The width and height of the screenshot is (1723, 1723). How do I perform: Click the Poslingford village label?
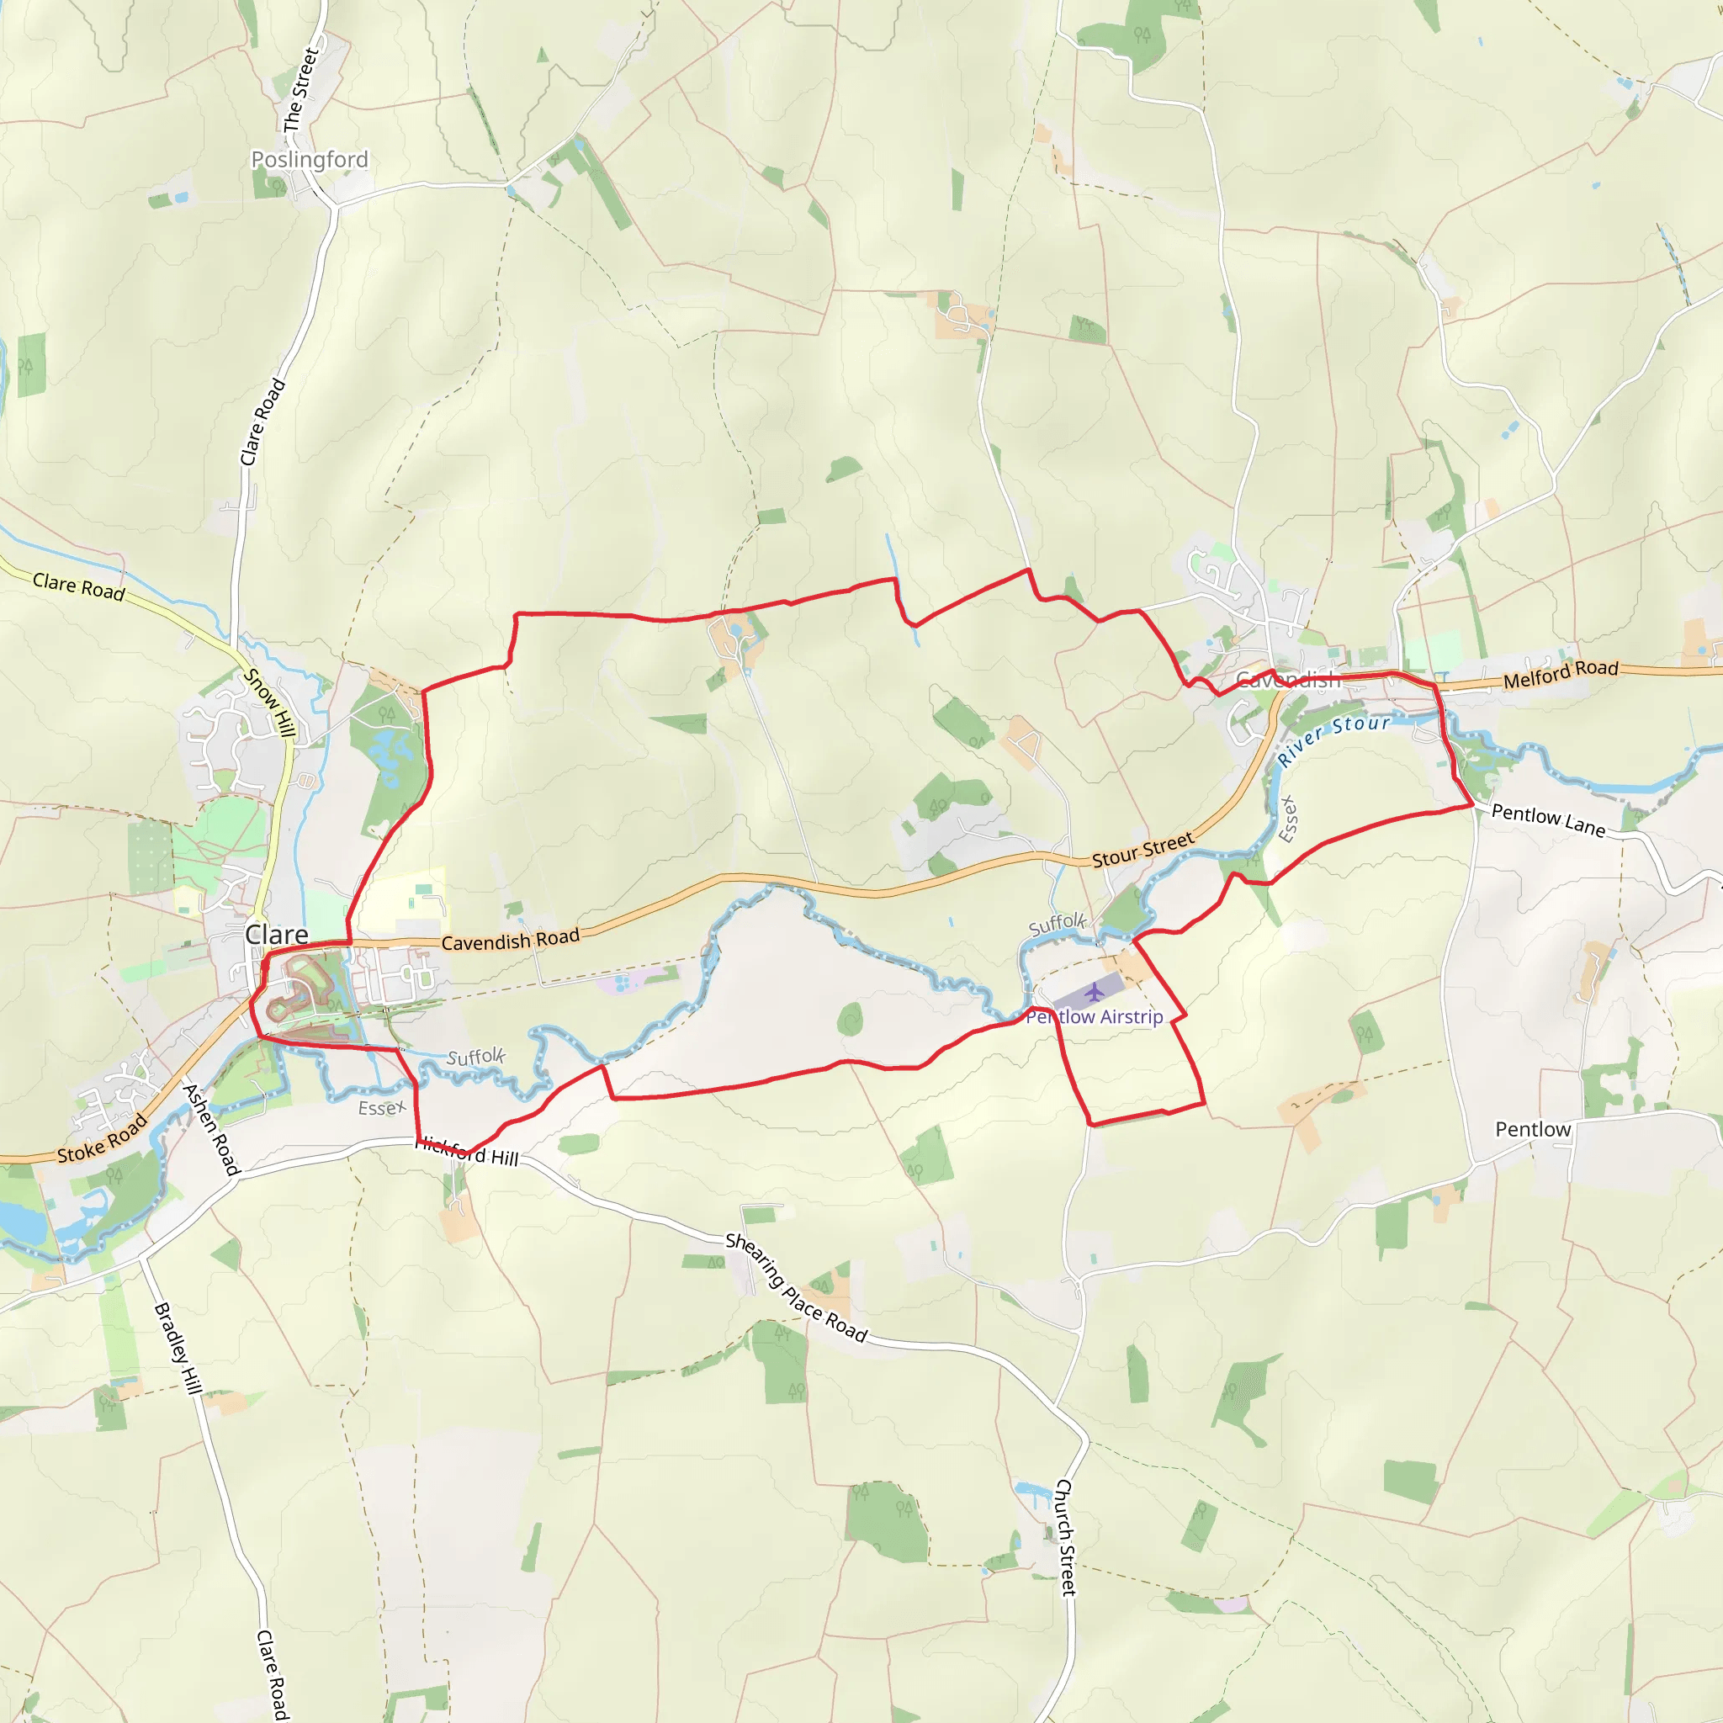click(310, 160)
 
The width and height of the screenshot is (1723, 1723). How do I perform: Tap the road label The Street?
click(300, 91)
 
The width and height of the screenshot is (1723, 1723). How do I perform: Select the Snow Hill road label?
click(268, 702)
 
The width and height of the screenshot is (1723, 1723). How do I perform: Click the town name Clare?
click(277, 935)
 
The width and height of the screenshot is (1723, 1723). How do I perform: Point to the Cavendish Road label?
click(510, 939)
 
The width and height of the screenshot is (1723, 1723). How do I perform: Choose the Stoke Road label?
click(102, 1141)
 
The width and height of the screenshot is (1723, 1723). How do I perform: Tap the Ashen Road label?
click(211, 1129)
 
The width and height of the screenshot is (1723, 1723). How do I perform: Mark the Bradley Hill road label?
click(178, 1348)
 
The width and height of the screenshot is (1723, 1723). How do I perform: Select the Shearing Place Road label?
click(796, 1287)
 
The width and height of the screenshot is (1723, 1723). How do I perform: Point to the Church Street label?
click(1066, 1536)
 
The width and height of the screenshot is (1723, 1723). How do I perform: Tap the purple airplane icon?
click(1095, 992)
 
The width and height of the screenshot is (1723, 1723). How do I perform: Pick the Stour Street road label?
click(1142, 850)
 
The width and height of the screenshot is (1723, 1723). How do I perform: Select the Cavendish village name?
click(1288, 681)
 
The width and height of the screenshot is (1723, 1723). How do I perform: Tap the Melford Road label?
click(1561, 674)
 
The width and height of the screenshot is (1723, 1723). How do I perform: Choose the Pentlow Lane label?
click(1548, 819)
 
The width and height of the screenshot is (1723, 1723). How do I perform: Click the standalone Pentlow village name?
click(1533, 1129)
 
